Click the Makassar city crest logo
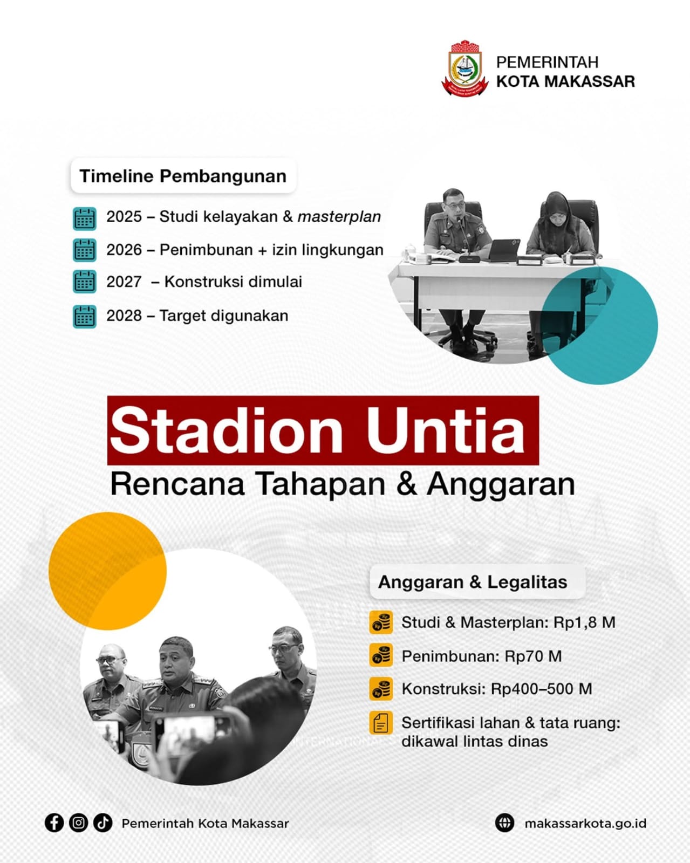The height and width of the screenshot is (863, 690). [x=465, y=68]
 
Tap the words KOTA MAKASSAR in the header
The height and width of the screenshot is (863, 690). [x=565, y=81]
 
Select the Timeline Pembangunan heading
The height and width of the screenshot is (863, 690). [x=183, y=176]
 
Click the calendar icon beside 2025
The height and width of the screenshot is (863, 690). [x=85, y=218]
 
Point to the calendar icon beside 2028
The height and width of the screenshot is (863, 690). [x=85, y=317]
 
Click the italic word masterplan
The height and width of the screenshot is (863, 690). [x=339, y=217]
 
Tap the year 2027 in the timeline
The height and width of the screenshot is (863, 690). [x=124, y=282]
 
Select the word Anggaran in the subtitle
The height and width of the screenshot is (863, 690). [x=501, y=485]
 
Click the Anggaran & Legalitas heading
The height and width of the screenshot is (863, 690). [x=473, y=583]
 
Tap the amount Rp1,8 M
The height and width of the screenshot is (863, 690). [x=584, y=622]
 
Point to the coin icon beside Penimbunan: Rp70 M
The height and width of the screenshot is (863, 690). [x=381, y=656]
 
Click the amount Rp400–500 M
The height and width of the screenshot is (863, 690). [x=541, y=689]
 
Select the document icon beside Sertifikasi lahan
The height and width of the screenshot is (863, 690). [x=381, y=724]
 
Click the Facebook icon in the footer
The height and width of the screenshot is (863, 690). [x=54, y=823]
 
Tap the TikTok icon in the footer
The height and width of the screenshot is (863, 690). [x=103, y=823]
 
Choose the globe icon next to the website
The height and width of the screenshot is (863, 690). [x=504, y=823]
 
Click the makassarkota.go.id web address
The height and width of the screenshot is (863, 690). [x=585, y=824]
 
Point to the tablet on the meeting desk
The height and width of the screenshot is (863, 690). [x=505, y=249]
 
